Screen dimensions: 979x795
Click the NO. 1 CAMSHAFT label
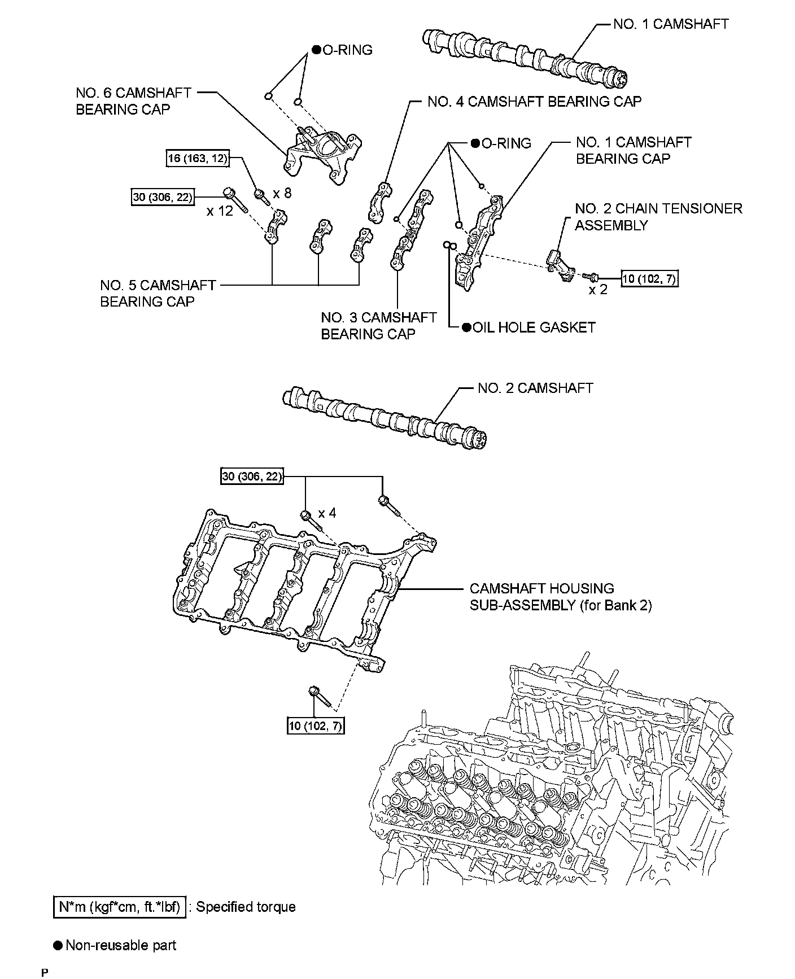671,24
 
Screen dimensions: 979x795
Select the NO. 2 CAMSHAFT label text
535,388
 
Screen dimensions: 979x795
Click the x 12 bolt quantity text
220,211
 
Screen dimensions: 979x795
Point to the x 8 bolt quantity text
282,193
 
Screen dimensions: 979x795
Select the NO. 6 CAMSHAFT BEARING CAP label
133,101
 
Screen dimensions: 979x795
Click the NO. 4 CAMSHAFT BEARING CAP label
534,102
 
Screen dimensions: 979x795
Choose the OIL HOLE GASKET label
533,327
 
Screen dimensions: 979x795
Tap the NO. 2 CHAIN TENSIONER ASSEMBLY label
658,217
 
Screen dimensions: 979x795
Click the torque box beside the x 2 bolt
649,278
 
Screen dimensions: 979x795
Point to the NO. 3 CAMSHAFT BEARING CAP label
378,326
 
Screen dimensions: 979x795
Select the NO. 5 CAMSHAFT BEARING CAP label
158,293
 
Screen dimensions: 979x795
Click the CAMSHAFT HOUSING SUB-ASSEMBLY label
560,597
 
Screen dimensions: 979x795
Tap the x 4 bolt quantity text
327,513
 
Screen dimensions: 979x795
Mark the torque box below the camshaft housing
316,726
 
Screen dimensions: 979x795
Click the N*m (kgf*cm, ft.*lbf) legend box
120,907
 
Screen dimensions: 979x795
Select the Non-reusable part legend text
121,945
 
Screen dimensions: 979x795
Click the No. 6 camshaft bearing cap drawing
321,154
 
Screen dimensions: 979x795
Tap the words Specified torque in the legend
246,907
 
